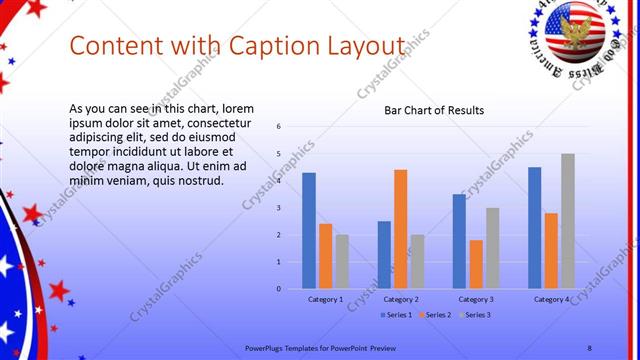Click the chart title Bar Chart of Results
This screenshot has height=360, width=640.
(x=434, y=110)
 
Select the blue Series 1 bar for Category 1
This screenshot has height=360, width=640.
(x=309, y=230)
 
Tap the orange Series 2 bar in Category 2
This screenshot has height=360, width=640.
(x=400, y=229)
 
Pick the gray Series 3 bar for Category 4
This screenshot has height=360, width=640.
(x=568, y=221)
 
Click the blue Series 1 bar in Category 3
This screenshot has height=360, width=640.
(x=459, y=241)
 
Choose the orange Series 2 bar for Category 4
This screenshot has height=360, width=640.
(x=551, y=250)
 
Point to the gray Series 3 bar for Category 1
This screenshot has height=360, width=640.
(x=342, y=261)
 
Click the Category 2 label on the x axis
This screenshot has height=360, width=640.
(x=401, y=300)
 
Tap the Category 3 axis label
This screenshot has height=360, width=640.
(x=476, y=300)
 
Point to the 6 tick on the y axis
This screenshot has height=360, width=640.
(x=279, y=126)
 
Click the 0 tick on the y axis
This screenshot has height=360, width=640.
(x=279, y=289)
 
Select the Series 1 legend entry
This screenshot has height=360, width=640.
(x=397, y=315)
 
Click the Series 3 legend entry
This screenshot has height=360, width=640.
(x=475, y=315)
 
